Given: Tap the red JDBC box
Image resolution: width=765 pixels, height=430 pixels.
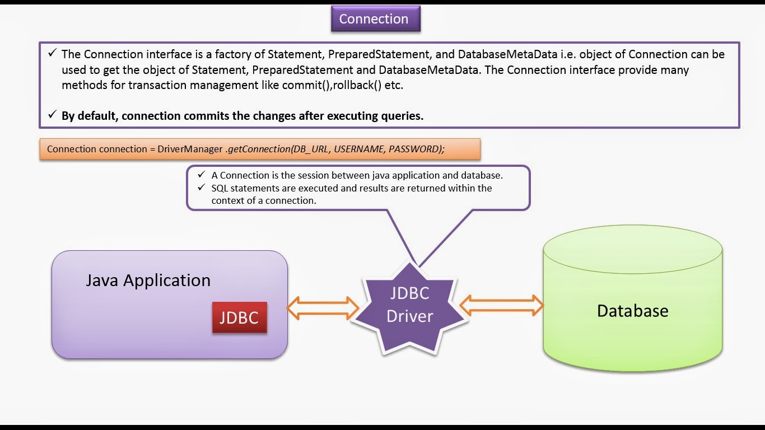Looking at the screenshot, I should pyautogui.click(x=239, y=317).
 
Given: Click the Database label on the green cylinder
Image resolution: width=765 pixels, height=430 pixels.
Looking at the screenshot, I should pyautogui.click(x=632, y=311).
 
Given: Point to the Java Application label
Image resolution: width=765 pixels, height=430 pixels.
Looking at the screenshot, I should pyautogui.click(x=148, y=280).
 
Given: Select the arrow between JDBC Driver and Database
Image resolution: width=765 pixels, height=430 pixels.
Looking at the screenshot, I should pyautogui.click(x=502, y=306).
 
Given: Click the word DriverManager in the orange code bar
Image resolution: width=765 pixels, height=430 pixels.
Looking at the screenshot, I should pyautogui.click(x=190, y=149).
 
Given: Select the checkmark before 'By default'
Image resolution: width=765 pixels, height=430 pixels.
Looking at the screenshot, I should pyautogui.click(x=52, y=115).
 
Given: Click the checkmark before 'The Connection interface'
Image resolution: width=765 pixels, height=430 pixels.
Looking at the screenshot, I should pyautogui.click(x=52, y=54).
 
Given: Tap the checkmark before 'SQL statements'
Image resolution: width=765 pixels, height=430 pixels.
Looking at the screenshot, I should pyautogui.click(x=201, y=188).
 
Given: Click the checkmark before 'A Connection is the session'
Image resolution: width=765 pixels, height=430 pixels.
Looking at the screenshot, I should pyautogui.click(x=201, y=175).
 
